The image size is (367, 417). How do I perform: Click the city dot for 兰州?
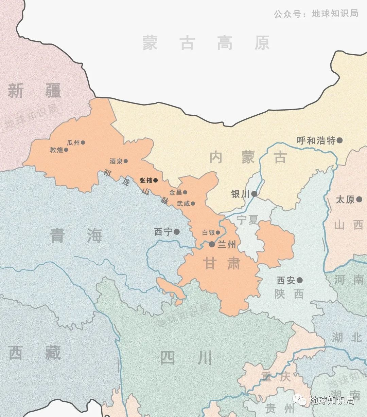click(212, 244)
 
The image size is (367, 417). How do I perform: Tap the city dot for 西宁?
click(177, 232)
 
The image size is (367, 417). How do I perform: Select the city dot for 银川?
click(254, 194)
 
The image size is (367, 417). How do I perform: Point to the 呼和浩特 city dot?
click(339, 140)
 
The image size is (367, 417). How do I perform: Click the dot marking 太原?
click(359, 200)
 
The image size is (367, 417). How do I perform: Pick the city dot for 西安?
click(299, 280)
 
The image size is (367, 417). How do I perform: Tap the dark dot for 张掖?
click(156, 181)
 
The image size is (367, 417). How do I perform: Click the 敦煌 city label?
click(56, 150)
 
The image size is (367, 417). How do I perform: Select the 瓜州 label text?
click(73, 143)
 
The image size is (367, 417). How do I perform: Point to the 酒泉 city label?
click(116, 161)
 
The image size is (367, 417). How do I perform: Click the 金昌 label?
click(175, 192)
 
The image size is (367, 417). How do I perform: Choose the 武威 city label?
click(183, 204)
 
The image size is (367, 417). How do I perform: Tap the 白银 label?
click(208, 233)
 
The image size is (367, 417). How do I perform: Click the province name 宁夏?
click(247, 220)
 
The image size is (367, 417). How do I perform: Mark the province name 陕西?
click(289, 294)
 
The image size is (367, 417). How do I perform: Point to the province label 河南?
click(349, 280)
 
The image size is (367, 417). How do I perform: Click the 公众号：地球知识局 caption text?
click(316, 14)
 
